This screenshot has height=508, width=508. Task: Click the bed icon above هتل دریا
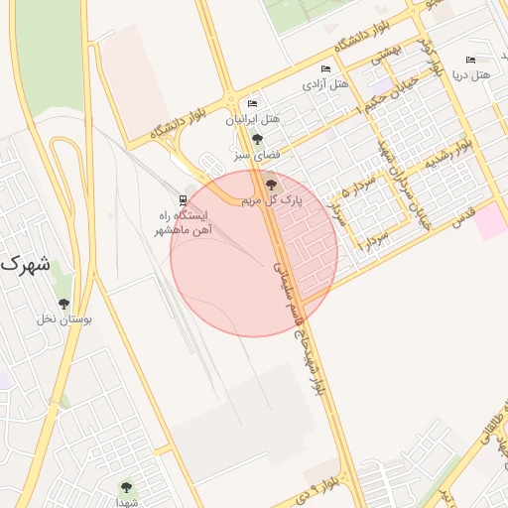[470, 60]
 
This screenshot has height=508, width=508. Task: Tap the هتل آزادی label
[325, 84]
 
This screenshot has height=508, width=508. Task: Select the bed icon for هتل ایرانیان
[252, 103]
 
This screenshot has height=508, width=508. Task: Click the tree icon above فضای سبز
[258, 139]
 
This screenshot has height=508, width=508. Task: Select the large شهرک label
[26, 266]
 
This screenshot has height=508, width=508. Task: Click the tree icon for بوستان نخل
[64, 304]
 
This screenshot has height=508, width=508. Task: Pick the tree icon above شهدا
[125, 486]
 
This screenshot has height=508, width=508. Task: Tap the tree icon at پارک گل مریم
[270, 182]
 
